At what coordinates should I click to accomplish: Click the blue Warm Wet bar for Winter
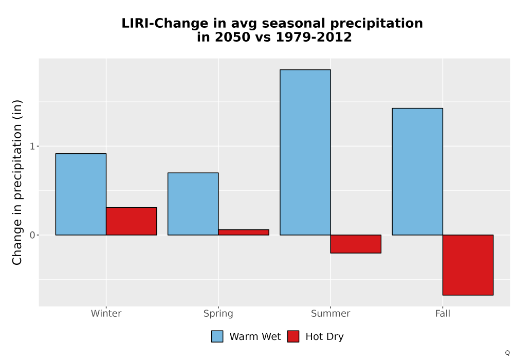coord(81,194)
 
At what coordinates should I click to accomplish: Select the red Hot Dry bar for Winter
coord(132,221)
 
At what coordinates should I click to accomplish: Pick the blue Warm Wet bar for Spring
coord(193,204)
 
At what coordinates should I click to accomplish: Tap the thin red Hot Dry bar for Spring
coord(244,232)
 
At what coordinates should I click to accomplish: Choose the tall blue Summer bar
coord(305,152)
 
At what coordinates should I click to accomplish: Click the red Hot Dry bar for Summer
coord(356,244)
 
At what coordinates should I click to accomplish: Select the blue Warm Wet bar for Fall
coord(417,171)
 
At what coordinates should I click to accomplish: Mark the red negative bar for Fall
coord(468,265)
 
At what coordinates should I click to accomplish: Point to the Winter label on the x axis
coord(106,313)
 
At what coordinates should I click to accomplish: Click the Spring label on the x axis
coord(218,314)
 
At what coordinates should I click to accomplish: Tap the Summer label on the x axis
coord(331,313)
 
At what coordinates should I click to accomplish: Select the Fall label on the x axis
coord(443,313)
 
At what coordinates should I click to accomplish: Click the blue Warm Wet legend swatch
coord(217,336)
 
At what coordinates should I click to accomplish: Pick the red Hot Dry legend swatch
coord(293,336)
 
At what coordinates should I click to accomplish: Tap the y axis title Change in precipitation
coord(17,182)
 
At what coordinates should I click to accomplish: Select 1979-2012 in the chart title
coord(314,37)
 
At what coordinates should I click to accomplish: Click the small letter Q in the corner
coord(507,353)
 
